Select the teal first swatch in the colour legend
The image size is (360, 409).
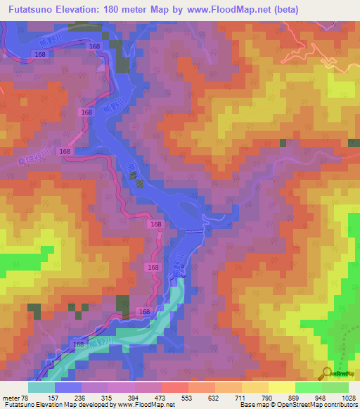41,387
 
